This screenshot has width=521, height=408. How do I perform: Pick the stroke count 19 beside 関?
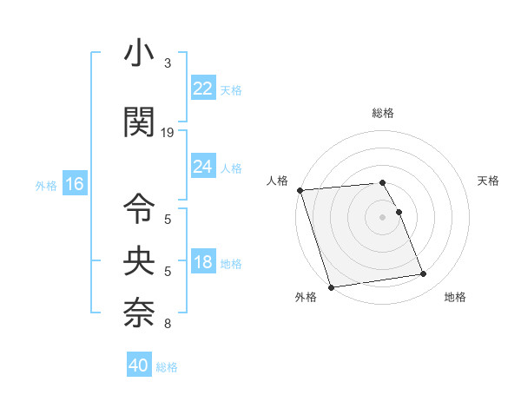tap(168, 133)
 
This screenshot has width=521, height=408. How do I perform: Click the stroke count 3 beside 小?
tap(168, 63)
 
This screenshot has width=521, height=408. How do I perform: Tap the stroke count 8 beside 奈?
tap(168, 325)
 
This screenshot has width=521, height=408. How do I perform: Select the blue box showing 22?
tap(202, 89)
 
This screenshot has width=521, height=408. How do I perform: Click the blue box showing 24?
tap(202, 167)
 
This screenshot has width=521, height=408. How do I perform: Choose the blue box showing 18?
tap(202, 262)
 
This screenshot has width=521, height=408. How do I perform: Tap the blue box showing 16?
tap(74, 184)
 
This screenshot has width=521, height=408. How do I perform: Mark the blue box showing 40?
tap(139, 365)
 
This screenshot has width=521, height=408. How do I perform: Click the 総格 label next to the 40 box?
tap(167, 367)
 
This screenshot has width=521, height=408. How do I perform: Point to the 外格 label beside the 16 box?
tap(46, 185)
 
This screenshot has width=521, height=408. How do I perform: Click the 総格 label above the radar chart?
tap(382, 113)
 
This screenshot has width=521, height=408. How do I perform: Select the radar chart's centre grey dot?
tap(382, 216)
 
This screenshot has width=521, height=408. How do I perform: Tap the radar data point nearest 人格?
tap(300, 190)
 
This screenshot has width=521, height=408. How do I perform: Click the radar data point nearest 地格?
tap(423, 274)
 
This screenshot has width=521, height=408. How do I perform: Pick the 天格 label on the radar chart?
tap(488, 181)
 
